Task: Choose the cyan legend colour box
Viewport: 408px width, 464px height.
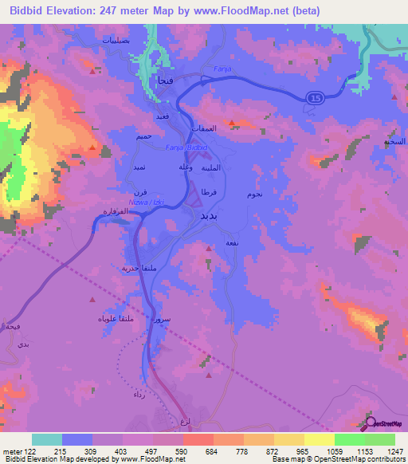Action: click(x=47, y=439)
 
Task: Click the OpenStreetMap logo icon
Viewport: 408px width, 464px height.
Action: click(x=369, y=423)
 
